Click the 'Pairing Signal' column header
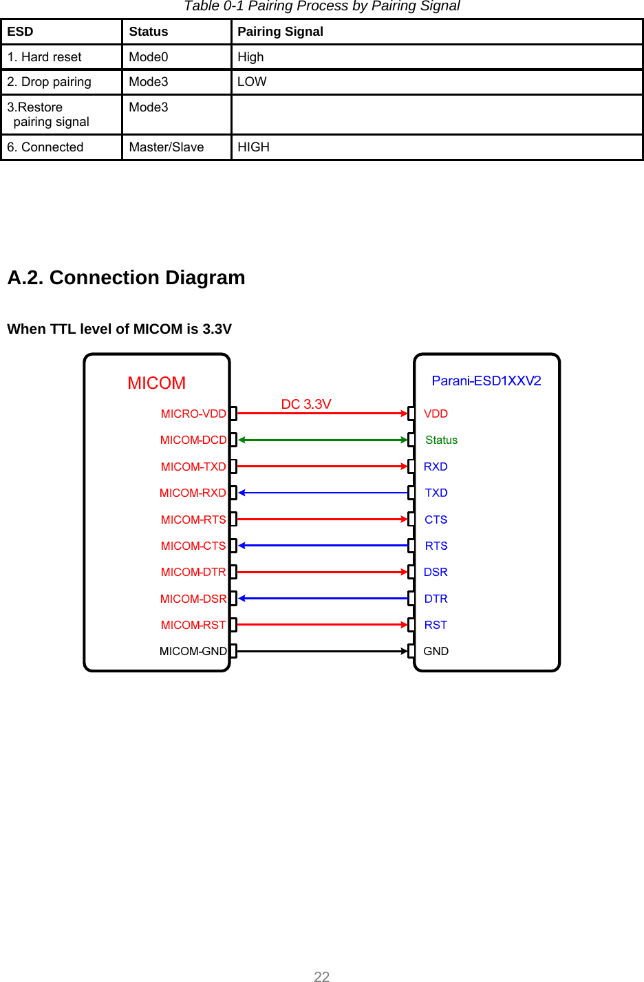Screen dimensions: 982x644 pyautogui.click(x=280, y=32)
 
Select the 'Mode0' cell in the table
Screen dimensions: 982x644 pyautogui.click(x=149, y=57)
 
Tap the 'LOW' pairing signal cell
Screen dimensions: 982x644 pyautogui.click(x=252, y=82)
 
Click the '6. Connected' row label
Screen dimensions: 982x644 pyautogui.click(x=45, y=147)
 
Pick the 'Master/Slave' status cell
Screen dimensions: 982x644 pyautogui.click(x=167, y=147)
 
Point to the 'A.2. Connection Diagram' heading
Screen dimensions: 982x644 pyautogui.click(x=126, y=277)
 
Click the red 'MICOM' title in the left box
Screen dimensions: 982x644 pyautogui.click(x=157, y=383)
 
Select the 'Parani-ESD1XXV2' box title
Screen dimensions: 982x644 pyautogui.click(x=486, y=381)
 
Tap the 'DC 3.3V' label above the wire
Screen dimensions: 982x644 pyautogui.click(x=306, y=404)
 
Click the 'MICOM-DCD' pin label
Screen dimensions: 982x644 pyautogui.click(x=193, y=440)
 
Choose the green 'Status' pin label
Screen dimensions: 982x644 pyautogui.click(x=441, y=440)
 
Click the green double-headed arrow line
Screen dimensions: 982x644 pyautogui.click(x=323, y=440)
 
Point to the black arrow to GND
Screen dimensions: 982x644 pyautogui.click(x=323, y=651)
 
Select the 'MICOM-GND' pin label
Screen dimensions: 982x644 pyautogui.click(x=193, y=651)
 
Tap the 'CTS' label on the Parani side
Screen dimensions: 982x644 pyautogui.click(x=436, y=520)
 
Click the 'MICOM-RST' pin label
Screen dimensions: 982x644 pyautogui.click(x=193, y=625)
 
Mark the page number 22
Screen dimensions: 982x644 pyautogui.click(x=322, y=976)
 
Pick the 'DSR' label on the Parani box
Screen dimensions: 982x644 pyautogui.click(x=436, y=572)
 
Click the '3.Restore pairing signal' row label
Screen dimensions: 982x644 pyautogui.click(x=48, y=114)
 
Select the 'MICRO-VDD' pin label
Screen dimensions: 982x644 pyautogui.click(x=193, y=414)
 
